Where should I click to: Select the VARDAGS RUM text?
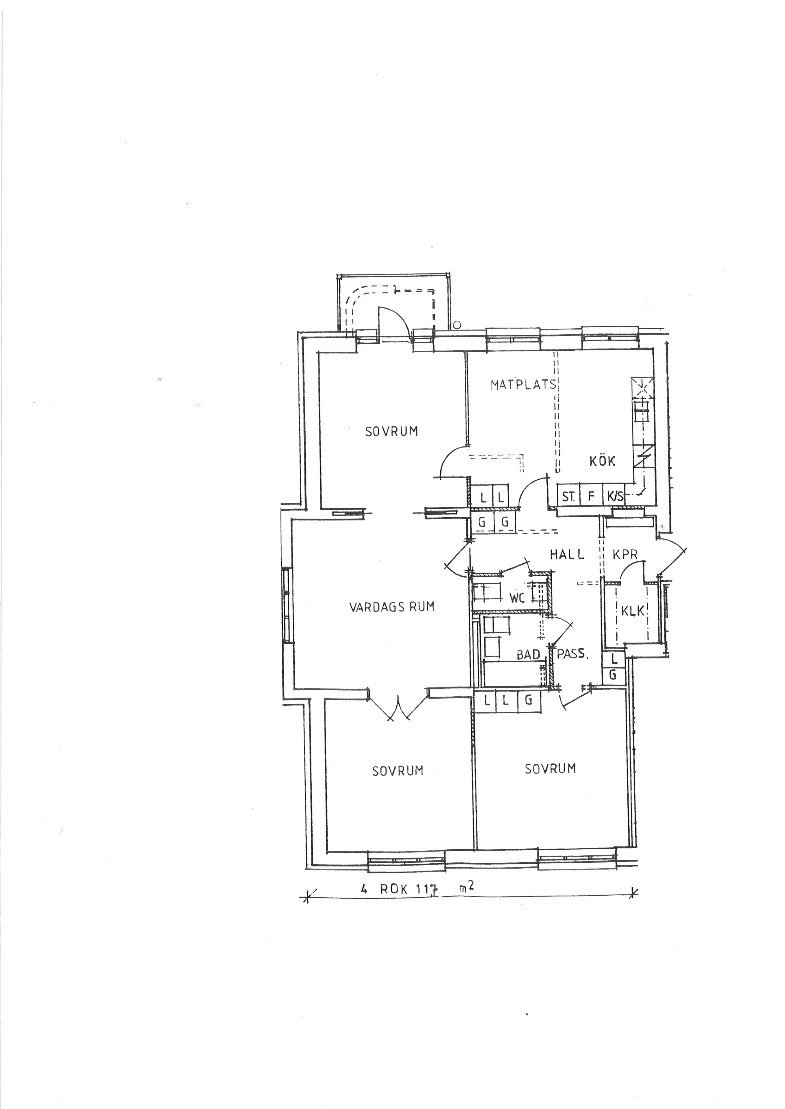pyautogui.click(x=392, y=606)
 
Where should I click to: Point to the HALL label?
pyautogui.click(x=567, y=555)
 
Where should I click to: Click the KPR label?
pyautogui.click(x=625, y=555)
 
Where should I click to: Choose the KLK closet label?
pyautogui.click(x=633, y=611)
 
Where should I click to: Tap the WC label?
pyautogui.click(x=517, y=598)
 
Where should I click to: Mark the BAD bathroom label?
pyautogui.click(x=528, y=655)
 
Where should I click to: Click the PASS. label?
pyautogui.click(x=573, y=655)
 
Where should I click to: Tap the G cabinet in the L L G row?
pyautogui.click(x=529, y=700)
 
